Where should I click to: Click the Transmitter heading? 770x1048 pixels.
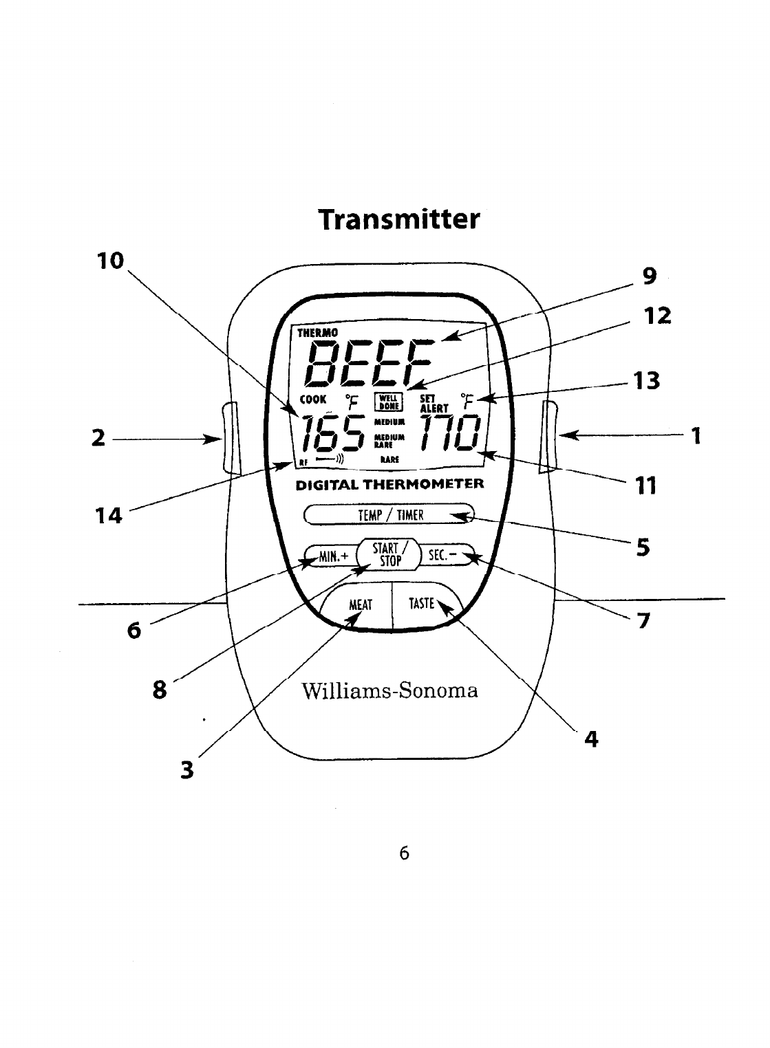398,220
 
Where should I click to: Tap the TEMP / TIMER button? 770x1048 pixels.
389,515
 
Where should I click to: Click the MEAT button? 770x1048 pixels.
360,605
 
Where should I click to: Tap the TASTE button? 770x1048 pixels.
422,604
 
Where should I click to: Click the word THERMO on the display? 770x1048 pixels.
317,333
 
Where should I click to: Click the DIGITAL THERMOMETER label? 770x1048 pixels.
389,483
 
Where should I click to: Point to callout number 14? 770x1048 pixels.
109,515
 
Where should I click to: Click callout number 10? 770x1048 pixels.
110,261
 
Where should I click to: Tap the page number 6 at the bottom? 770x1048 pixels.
404,853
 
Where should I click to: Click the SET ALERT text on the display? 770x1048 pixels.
434,402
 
